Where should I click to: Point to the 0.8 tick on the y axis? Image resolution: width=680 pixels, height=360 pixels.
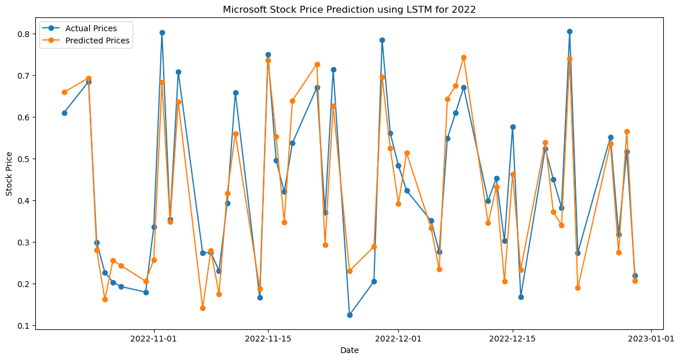coord(25,34)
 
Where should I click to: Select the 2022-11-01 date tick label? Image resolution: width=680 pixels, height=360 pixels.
coord(155,338)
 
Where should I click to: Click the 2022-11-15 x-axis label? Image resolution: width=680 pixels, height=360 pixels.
coord(268,338)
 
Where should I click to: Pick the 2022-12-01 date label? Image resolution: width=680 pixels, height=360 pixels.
coord(399,338)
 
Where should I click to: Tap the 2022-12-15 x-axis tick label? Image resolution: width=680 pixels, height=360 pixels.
coord(512,338)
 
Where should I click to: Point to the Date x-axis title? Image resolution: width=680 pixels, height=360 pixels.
coord(349,350)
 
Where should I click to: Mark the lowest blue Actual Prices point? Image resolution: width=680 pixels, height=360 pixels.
coord(350,315)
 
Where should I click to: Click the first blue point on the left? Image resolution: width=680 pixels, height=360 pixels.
coord(64,113)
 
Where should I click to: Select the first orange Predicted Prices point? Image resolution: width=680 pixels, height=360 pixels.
coord(64,92)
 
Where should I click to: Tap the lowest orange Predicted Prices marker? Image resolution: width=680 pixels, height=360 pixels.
coord(203,308)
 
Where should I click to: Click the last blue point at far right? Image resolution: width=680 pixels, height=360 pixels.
coord(635,275)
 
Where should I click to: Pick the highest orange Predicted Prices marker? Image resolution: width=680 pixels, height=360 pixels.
coord(464,57)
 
